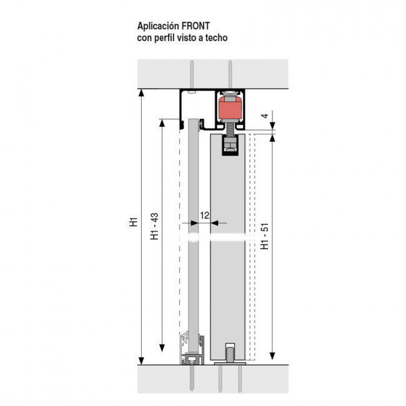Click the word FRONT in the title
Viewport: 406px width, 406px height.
click(x=196, y=26)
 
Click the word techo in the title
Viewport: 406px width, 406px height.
click(x=216, y=38)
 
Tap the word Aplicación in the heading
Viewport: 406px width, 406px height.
click(x=158, y=26)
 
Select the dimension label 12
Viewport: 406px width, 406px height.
click(x=204, y=215)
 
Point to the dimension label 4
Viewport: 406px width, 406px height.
click(x=265, y=116)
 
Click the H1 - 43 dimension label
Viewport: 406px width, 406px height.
click(x=154, y=226)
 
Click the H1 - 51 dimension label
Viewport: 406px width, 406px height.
click(x=265, y=236)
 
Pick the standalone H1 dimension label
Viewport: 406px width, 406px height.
click(x=133, y=222)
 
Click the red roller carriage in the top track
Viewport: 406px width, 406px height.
click(x=230, y=108)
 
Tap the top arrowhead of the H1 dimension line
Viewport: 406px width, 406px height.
click(x=141, y=92)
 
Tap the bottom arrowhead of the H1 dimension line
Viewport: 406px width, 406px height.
click(x=141, y=360)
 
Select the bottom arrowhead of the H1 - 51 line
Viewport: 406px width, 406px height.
click(x=272, y=356)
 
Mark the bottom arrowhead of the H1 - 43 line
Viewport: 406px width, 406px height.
click(x=162, y=348)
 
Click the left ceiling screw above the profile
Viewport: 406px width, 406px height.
click(x=192, y=75)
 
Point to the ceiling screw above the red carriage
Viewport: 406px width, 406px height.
click(x=230, y=74)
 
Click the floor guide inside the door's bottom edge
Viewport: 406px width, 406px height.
click(x=230, y=353)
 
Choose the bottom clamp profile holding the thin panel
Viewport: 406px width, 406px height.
click(x=192, y=349)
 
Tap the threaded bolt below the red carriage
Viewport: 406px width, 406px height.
click(x=230, y=130)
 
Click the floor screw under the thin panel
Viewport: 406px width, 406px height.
click(x=192, y=378)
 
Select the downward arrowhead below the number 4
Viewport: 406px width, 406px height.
click(x=272, y=126)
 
